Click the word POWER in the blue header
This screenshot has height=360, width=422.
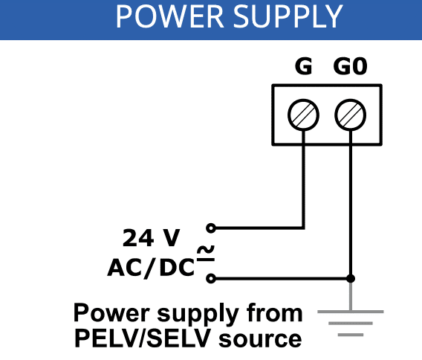[169, 16]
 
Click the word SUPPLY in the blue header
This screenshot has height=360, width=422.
[288, 16]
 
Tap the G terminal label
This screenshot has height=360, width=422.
[304, 66]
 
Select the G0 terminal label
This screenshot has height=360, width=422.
[350, 66]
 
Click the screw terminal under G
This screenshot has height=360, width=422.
[304, 115]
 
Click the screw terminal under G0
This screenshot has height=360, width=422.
[351, 115]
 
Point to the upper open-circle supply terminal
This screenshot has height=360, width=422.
[211, 228]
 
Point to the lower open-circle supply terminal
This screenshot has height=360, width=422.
[211, 278]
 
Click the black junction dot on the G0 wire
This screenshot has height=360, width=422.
[351, 278]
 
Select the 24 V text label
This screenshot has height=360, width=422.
[151, 238]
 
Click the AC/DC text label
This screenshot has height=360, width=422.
[151, 268]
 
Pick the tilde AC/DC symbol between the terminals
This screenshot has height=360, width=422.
[206, 254]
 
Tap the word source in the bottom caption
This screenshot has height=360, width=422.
[260, 339]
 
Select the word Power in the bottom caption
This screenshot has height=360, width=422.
[111, 312]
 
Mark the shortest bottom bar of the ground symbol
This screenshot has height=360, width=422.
[351, 335]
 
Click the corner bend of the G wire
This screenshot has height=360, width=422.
[304, 228]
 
